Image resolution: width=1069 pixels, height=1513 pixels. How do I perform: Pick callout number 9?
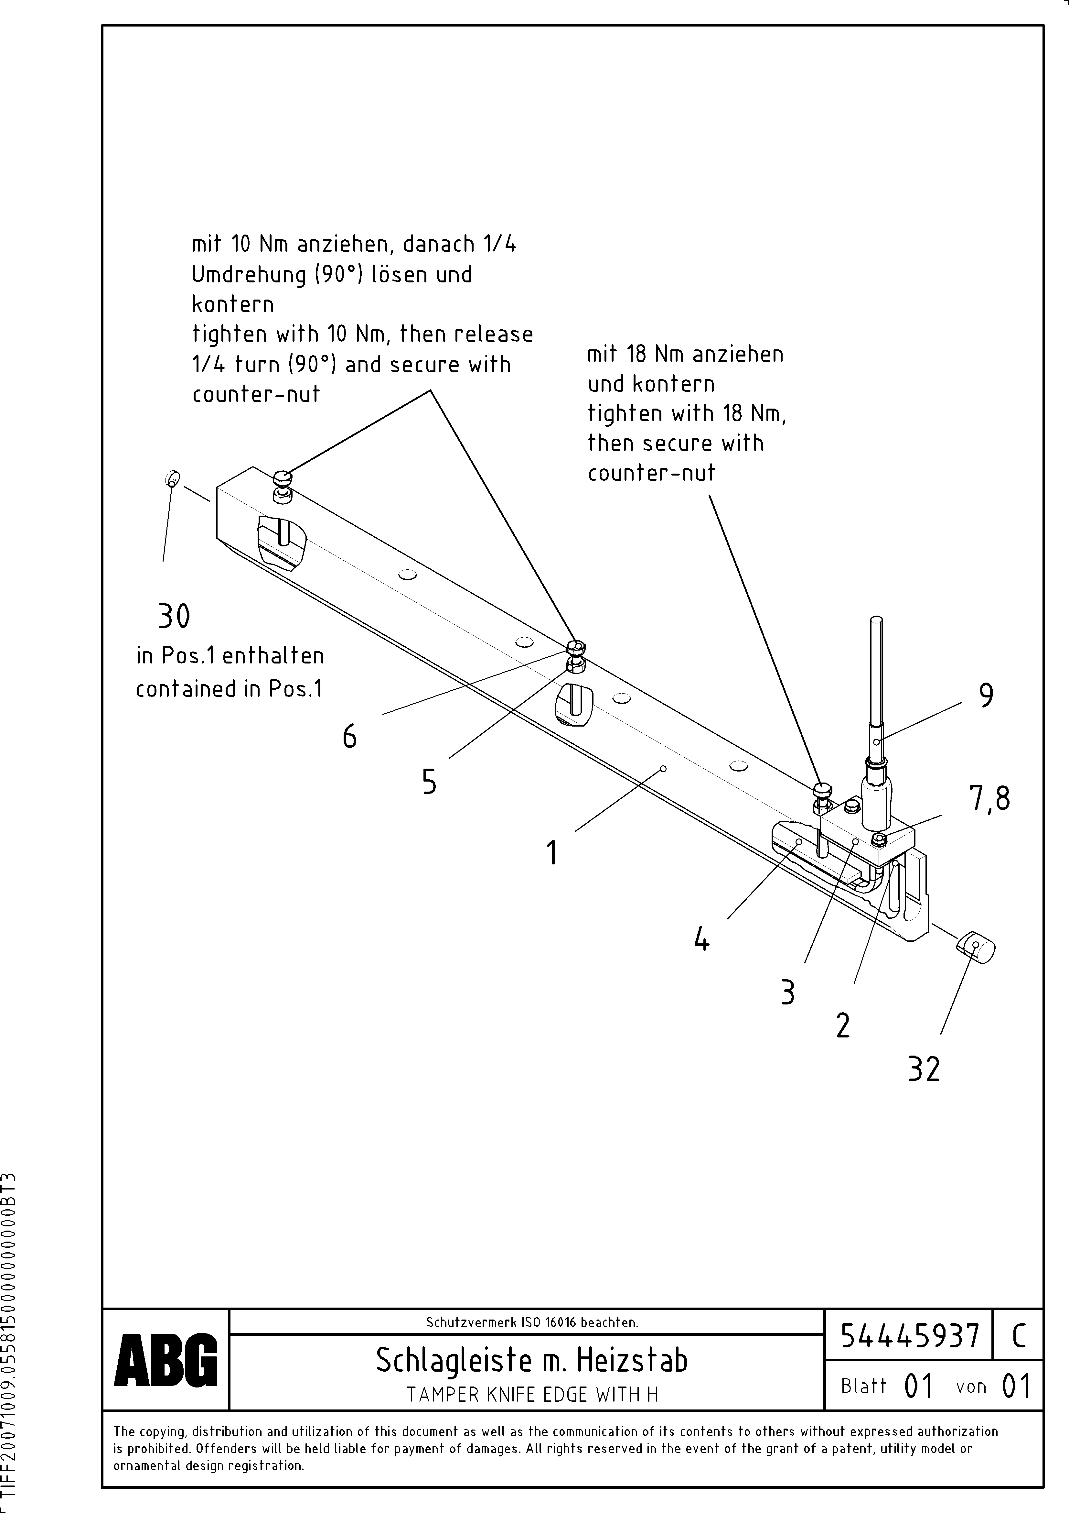click(x=986, y=695)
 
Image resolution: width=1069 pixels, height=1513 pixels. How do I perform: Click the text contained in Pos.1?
click(x=229, y=689)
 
